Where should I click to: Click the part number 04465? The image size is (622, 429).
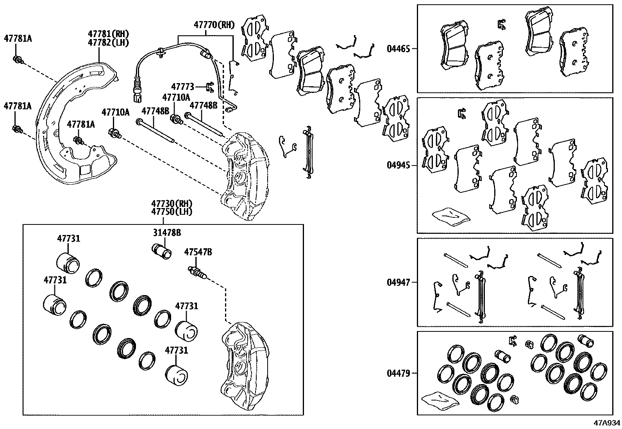398,49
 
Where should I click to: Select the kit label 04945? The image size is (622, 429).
398,165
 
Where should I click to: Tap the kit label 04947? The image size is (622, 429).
398,282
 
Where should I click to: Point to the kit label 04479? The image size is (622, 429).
398,374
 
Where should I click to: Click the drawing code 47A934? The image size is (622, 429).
607,423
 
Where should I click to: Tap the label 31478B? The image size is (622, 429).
166,233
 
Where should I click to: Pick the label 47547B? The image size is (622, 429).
198,253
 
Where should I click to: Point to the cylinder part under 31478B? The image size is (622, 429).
161,251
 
